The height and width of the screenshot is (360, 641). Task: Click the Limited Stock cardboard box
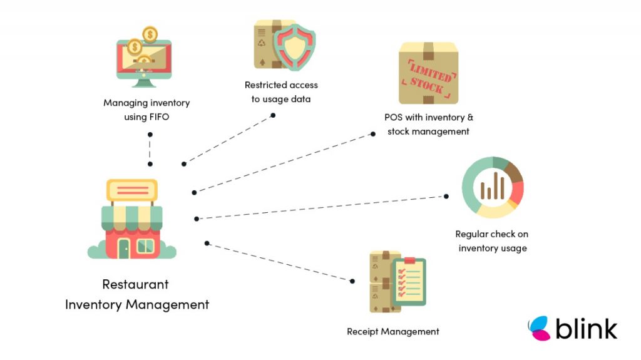(429, 73)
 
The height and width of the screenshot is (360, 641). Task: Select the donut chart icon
(493, 187)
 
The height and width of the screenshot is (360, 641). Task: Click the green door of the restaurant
(123, 248)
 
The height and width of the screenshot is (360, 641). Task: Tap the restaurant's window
(145, 246)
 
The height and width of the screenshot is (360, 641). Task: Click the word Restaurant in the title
(135, 284)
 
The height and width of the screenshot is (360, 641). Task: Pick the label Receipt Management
(393, 332)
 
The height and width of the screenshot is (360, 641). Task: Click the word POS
(393, 117)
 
